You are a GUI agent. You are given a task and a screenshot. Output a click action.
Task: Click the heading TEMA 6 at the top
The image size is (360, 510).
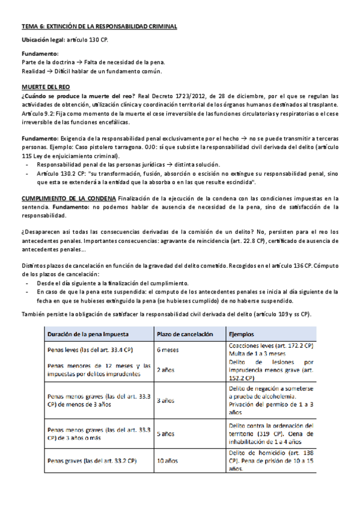(x=99, y=27)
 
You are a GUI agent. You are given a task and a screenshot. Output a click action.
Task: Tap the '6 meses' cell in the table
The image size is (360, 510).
(x=167, y=349)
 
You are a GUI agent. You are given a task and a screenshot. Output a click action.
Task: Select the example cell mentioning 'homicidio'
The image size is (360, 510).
(x=267, y=461)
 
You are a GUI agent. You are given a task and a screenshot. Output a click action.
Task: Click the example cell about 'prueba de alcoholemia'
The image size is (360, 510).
(x=267, y=399)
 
